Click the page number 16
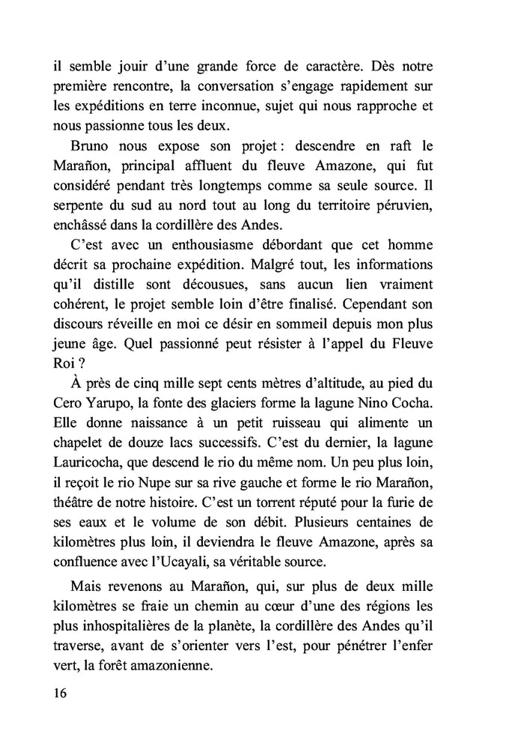coord(61,693)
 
